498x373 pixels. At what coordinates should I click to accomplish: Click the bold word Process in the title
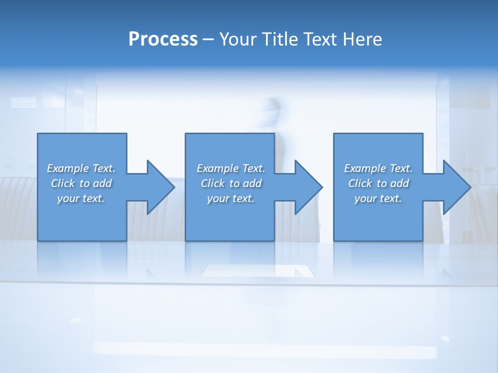(x=163, y=39)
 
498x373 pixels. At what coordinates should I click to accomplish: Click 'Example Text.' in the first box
(x=81, y=168)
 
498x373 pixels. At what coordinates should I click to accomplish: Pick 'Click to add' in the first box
(x=81, y=183)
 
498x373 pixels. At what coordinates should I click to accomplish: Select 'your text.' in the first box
(x=81, y=198)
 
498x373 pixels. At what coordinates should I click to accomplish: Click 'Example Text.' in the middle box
(x=230, y=168)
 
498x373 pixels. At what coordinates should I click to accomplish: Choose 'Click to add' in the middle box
(x=230, y=183)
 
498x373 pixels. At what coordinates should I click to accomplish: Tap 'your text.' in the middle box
(x=230, y=198)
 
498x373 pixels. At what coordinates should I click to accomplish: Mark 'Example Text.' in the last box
(x=378, y=168)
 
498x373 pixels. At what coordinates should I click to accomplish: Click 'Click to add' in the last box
(x=378, y=183)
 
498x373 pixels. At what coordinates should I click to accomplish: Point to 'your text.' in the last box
(x=378, y=198)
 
